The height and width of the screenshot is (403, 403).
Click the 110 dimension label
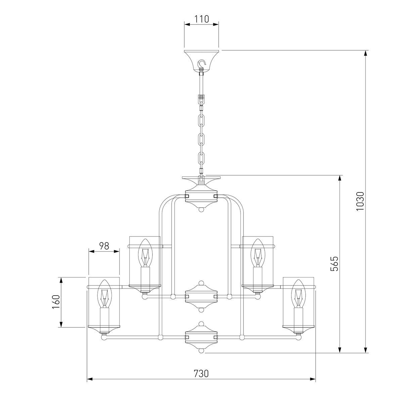(x=201, y=19)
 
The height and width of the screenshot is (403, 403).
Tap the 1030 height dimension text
(x=360, y=201)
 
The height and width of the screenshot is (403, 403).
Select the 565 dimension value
(x=334, y=264)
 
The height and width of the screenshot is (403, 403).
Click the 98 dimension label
(x=104, y=246)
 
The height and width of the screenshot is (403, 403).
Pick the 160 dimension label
(x=56, y=302)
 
